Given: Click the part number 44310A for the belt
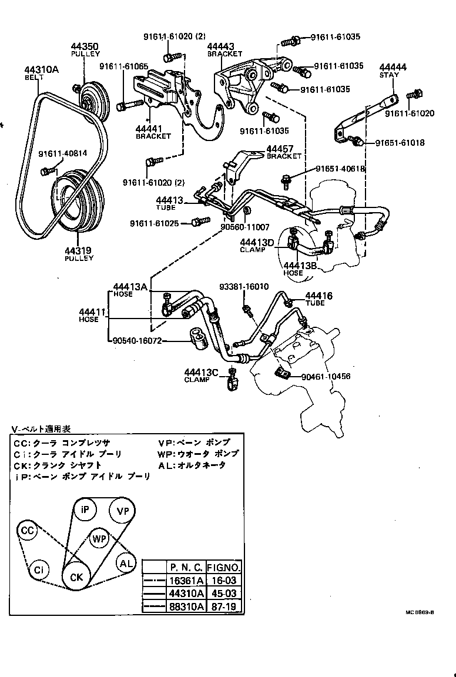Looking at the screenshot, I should [x=42, y=69].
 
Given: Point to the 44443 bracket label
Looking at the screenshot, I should [x=221, y=46].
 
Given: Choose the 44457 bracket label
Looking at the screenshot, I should [x=280, y=149].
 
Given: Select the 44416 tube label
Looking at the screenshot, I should [x=318, y=296].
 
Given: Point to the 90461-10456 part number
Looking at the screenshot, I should [x=326, y=377].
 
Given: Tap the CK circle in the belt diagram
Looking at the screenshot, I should [x=77, y=577].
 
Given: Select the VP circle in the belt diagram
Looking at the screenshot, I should [x=123, y=511].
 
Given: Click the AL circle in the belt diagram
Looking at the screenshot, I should [x=126, y=563].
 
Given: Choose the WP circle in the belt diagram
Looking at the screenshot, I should [x=99, y=538].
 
